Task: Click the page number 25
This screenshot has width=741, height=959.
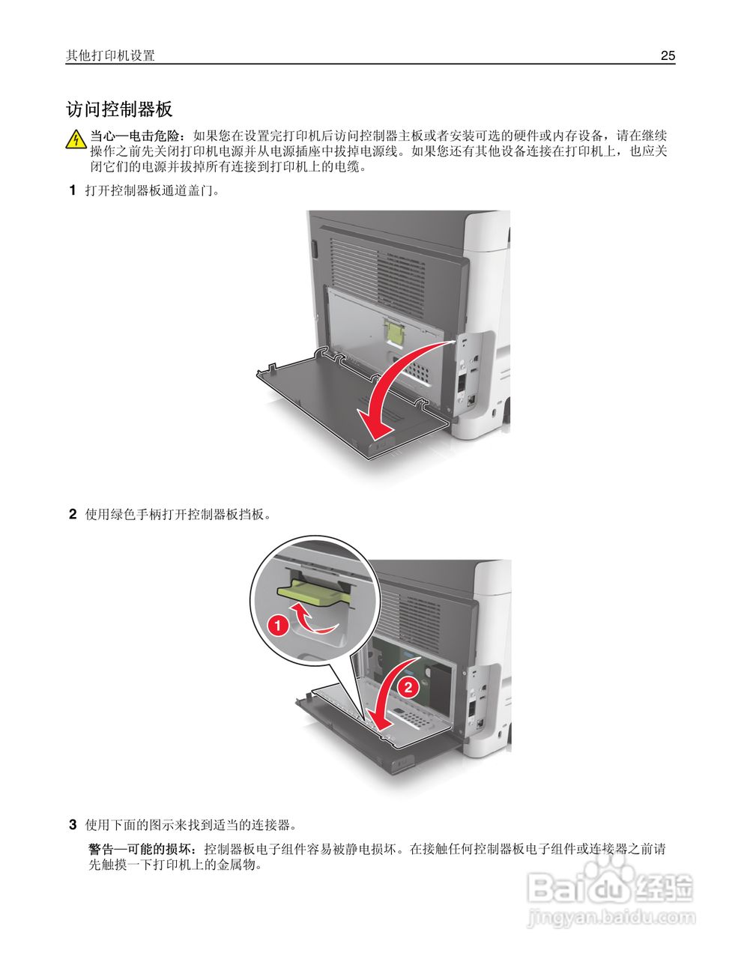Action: coord(668,55)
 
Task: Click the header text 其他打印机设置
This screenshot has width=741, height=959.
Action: coord(110,55)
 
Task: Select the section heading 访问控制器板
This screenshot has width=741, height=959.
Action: coord(119,109)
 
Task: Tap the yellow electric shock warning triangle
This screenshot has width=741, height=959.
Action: coord(76,140)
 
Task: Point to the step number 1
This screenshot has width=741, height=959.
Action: coord(73,190)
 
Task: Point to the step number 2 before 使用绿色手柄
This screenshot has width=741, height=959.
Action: coord(73,514)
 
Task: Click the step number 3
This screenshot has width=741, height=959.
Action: coord(73,825)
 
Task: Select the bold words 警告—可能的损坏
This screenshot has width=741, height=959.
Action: coord(142,850)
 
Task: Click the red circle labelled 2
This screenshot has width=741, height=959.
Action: coord(408,686)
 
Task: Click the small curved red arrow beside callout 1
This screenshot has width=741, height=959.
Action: coord(313,619)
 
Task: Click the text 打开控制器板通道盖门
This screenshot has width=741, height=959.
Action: coord(152,190)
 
